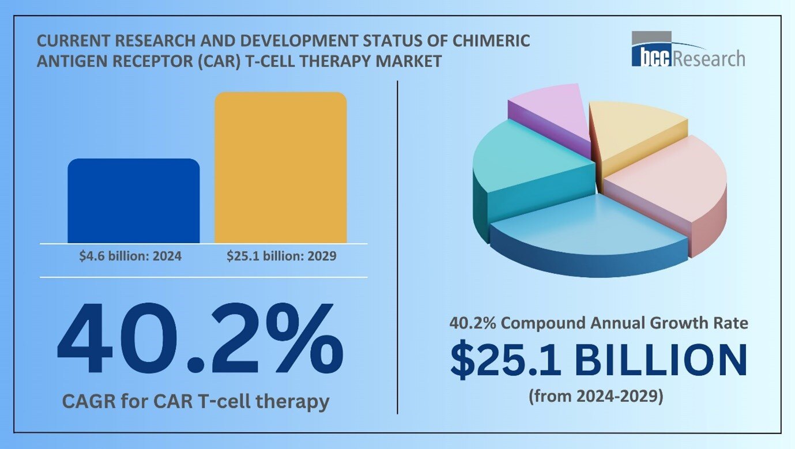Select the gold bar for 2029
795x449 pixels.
(x=280, y=167)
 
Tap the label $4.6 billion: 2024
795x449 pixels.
(x=130, y=256)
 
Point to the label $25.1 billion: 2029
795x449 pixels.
(x=281, y=256)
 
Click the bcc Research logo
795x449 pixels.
(x=687, y=51)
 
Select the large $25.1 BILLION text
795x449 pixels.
(x=598, y=360)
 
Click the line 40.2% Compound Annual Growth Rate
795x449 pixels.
(x=598, y=323)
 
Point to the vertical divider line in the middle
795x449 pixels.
(x=397, y=248)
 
